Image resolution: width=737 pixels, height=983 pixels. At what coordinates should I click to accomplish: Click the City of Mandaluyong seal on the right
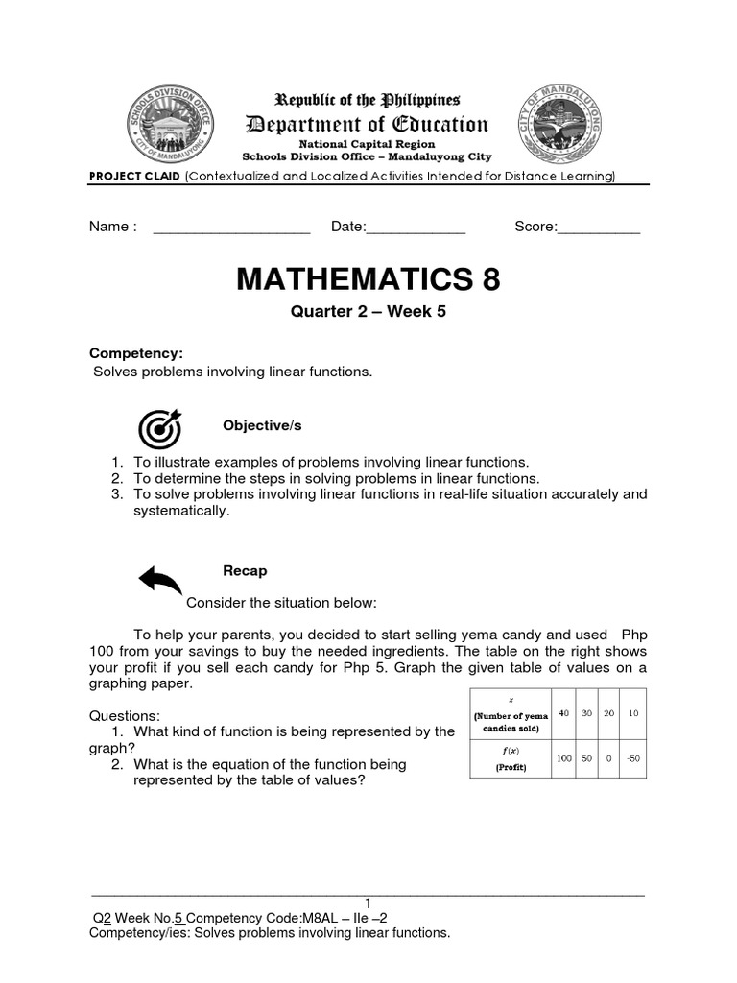click(x=563, y=125)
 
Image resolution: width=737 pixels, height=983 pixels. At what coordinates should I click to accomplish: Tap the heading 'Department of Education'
click(x=368, y=124)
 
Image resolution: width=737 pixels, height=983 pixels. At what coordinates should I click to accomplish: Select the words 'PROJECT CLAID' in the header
click(x=134, y=176)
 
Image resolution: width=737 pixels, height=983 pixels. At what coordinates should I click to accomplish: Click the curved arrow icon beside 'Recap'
click(x=160, y=579)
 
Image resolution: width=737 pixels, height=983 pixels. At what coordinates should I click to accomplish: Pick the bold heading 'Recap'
click(x=245, y=571)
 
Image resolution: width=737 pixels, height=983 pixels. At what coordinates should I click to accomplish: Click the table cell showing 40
click(x=563, y=714)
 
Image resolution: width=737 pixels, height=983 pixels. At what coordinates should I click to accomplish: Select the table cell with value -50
click(x=632, y=758)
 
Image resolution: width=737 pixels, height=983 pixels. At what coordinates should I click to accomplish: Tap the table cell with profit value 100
click(x=563, y=758)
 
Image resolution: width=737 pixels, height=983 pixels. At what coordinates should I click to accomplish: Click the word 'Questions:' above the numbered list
click(x=125, y=716)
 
